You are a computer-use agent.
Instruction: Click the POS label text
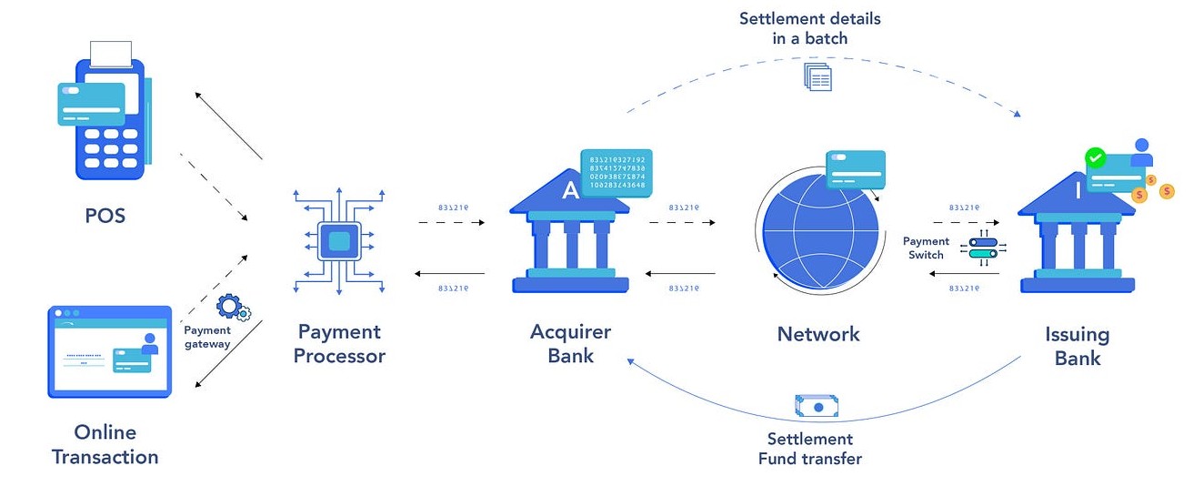pyautogui.click(x=105, y=216)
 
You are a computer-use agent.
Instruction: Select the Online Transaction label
pyautogui.click(x=105, y=444)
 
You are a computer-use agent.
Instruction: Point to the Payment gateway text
pyautogui.click(x=206, y=337)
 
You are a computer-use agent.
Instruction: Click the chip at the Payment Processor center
pyautogui.click(x=338, y=240)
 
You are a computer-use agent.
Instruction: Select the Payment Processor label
pyautogui.click(x=339, y=344)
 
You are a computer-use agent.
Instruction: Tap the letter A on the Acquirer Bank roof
pyautogui.click(x=570, y=190)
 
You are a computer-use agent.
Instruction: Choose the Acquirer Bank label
pyautogui.click(x=571, y=344)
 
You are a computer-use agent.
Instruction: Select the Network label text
pyautogui.click(x=818, y=334)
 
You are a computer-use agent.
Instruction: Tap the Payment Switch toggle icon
pyautogui.click(x=983, y=248)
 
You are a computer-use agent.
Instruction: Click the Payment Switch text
pyautogui.click(x=926, y=248)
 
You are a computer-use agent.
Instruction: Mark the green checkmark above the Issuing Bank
pyautogui.click(x=1096, y=157)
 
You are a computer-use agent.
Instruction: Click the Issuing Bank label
pyautogui.click(x=1078, y=346)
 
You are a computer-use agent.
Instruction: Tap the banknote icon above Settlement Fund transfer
pyautogui.click(x=816, y=407)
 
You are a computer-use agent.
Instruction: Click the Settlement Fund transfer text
pyautogui.click(x=810, y=449)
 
